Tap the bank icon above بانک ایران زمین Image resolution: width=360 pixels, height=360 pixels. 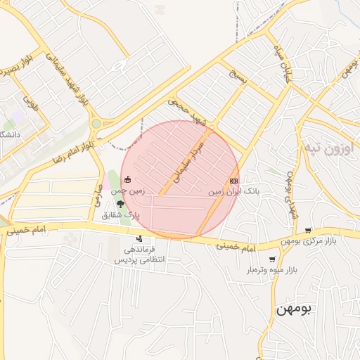pos(233,180)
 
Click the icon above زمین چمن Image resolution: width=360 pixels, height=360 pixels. pos(127,180)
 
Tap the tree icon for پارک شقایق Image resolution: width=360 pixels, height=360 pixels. pos(121,205)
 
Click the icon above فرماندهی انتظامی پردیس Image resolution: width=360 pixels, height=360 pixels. pos(139,238)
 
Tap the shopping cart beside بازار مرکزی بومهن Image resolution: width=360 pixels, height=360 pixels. pos(308,231)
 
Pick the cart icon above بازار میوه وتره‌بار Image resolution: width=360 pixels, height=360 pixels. pos(271,259)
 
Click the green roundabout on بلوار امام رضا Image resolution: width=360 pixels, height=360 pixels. pos(96,124)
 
